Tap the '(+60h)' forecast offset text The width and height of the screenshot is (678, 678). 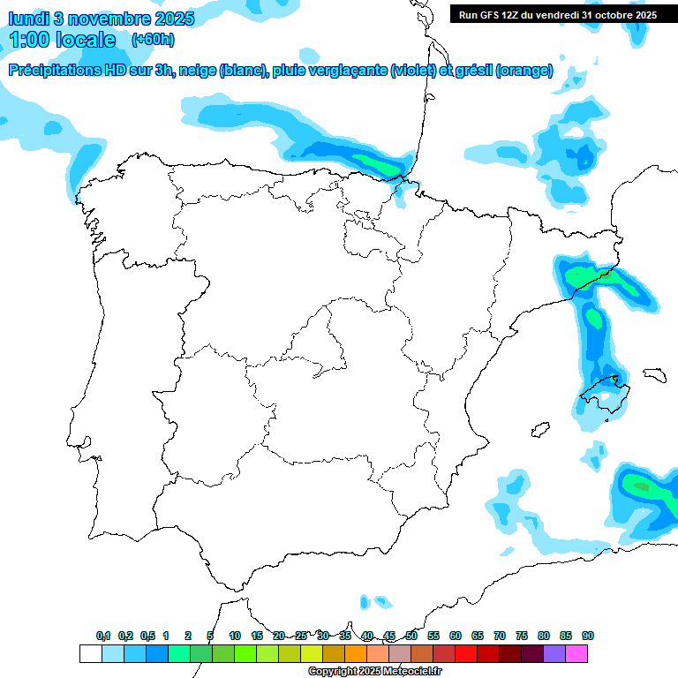pos(153,40)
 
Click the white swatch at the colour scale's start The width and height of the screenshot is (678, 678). pos(90,653)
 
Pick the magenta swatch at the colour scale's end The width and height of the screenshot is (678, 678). pos(576,653)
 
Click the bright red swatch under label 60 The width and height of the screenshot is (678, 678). pos(466,653)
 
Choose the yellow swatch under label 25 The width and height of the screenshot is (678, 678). pos(312,653)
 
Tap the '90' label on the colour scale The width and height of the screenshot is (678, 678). pos(588,636)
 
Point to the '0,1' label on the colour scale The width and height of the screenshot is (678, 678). pos(103,636)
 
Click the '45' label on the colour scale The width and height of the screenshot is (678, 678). pos(389,636)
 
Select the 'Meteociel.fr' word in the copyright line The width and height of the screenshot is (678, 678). pos(411,672)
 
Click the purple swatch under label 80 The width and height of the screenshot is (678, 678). pos(554,653)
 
